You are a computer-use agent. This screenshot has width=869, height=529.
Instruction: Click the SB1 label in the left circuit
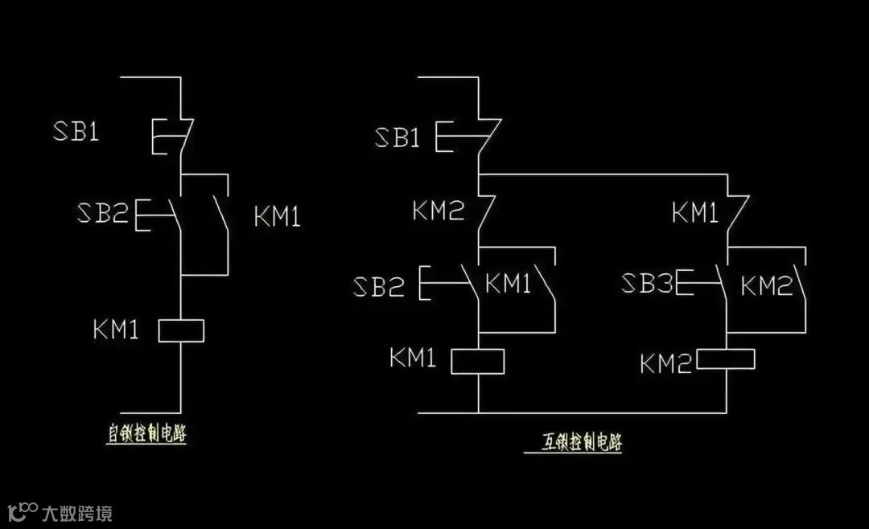(76, 132)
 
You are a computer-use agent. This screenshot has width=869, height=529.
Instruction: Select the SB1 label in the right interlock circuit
(397, 137)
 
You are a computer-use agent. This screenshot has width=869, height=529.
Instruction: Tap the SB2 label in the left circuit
(102, 213)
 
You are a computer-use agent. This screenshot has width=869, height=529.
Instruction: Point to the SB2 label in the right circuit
(378, 286)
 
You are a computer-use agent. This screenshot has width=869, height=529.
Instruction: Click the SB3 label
(648, 283)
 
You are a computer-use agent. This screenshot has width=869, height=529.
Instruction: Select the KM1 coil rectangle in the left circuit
(181, 330)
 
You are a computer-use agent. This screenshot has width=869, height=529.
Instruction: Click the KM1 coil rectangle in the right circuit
(477, 361)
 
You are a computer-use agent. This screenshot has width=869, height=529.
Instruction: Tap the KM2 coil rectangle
(725, 359)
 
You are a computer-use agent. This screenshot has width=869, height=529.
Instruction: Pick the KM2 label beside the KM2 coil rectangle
(665, 364)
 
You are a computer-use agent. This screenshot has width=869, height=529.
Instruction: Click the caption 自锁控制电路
(152, 433)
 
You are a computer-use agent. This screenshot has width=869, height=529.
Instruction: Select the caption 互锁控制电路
(582, 443)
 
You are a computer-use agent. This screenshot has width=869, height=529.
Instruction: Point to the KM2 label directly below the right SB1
(439, 211)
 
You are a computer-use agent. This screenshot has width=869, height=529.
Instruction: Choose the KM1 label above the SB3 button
(695, 213)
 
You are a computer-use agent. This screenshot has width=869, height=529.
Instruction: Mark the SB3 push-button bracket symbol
(685, 282)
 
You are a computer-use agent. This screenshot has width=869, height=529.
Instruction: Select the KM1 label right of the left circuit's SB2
(277, 216)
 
